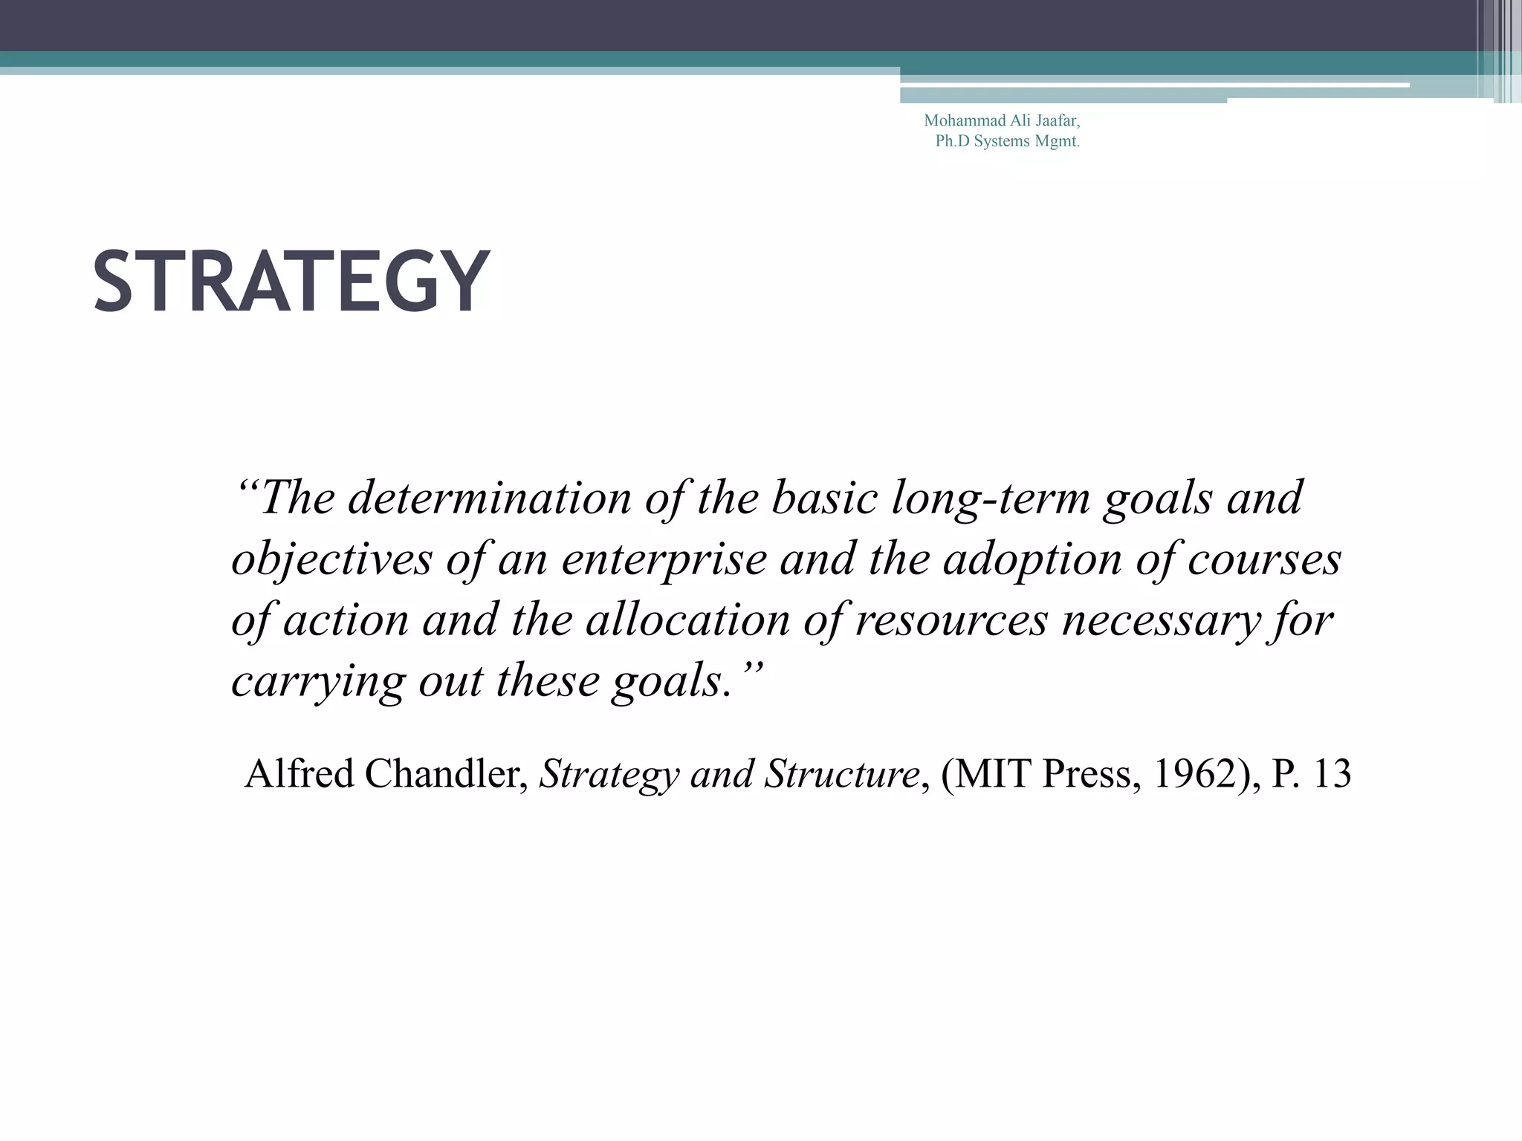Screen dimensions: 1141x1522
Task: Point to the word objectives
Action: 331,559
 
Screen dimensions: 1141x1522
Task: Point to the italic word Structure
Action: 842,773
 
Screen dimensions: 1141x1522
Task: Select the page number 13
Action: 1332,773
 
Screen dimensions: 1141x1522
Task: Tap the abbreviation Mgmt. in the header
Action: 1057,141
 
